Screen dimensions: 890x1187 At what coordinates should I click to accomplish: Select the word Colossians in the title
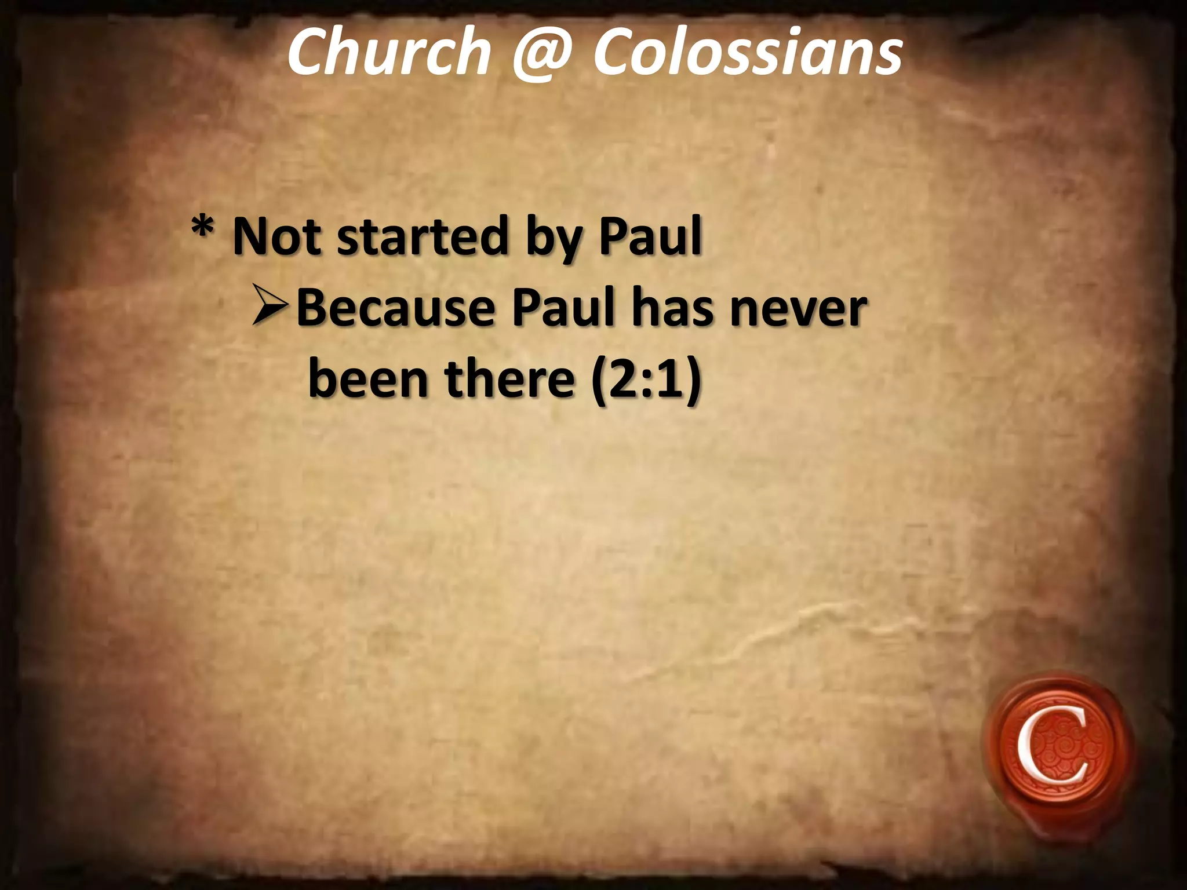click(x=747, y=52)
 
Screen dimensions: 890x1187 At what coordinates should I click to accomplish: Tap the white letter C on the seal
click(x=1051, y=753)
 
